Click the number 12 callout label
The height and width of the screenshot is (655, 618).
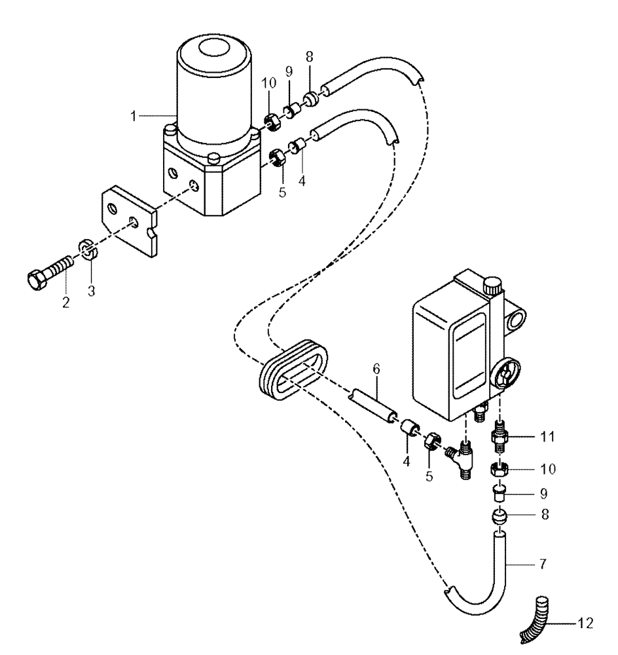tap(586, 624)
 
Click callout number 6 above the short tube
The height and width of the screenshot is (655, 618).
tap(376, 369)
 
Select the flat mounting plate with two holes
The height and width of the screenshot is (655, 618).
tap(130, 221)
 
